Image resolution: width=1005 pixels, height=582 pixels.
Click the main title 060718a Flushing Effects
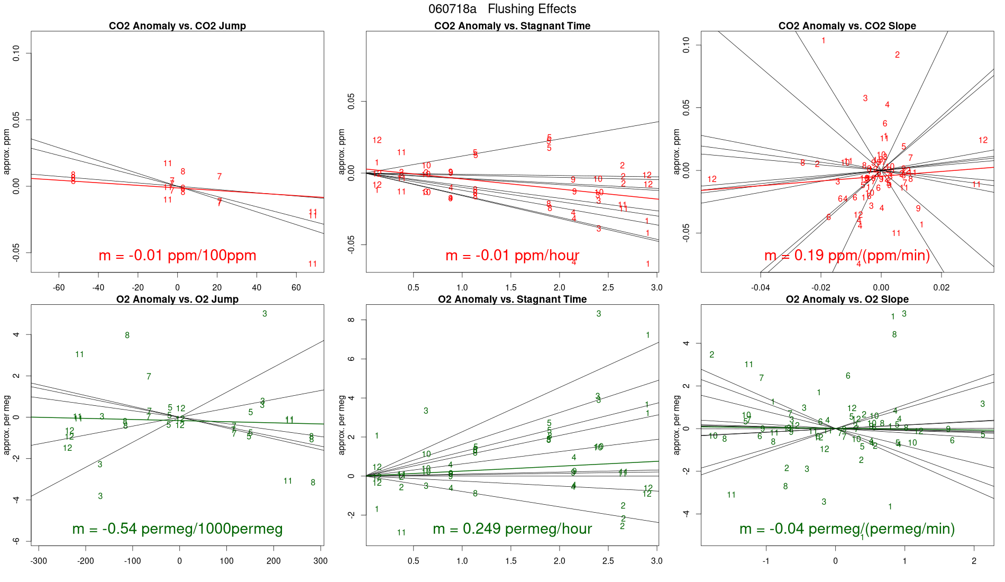(x=502, y=9)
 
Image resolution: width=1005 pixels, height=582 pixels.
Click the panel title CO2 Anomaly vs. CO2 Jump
(x=177, y=26)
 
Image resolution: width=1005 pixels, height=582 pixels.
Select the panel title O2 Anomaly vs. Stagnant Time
(x=512, y=299)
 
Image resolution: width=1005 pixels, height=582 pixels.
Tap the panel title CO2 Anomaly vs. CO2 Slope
(x=847, y=26)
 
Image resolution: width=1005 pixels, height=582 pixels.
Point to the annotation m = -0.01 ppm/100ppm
(x=177, y=256)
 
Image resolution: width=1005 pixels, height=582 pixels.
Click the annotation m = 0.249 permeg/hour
(x=512, y=529)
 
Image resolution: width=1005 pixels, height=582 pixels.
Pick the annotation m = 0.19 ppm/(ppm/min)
(x=847, y=256)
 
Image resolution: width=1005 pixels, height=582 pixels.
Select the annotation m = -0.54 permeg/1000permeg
(x=177, y=529)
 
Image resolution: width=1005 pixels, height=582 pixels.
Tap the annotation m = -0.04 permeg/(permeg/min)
(x=847, y=529)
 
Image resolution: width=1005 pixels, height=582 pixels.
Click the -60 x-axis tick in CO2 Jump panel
(x=59, y=288)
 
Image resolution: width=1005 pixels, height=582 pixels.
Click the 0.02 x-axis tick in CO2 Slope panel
(x=941, y=288)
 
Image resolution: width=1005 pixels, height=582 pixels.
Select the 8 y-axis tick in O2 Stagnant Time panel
(x=351, y=320)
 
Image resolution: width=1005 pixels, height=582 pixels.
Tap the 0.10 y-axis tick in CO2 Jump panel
(x=16, y=53)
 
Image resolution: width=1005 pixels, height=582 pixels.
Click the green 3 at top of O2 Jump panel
(x=264, y=314)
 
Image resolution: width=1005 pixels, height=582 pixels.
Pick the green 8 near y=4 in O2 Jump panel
(x=127, y=335)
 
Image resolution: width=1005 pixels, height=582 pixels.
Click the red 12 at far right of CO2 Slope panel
(x=983, y=140)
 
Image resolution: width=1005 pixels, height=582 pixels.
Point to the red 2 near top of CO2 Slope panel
(x=897, y=55)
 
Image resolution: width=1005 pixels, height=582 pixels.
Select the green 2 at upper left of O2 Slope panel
(x=711, y=355)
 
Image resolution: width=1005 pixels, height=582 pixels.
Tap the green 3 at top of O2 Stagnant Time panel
(x=599, y=314)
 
